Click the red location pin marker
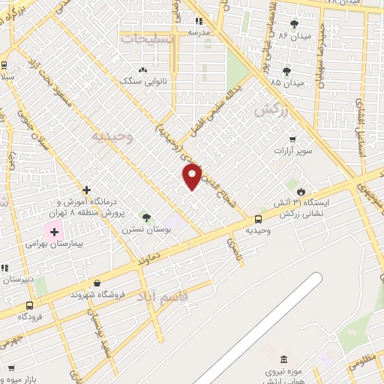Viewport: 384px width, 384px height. [x=193, y=175]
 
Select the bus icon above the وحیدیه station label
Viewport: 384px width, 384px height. [x=259, y=219]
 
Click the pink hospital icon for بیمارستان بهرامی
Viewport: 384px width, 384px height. [x=54, y=232]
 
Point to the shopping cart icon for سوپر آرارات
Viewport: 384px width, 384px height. [x=292, y=139]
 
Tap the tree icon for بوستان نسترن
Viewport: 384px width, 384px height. [x=146, y=217]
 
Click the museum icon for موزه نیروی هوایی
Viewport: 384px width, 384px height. [x=283, y=361]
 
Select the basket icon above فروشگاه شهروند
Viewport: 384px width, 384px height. [x=97, y=283]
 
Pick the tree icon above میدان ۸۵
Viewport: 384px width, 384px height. [x=286, y=71]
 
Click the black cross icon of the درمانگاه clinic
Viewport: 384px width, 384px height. [x=87, y=190]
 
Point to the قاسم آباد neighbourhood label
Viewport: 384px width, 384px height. [x=162, y=297]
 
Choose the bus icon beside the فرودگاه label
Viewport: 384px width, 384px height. [x=29, y=305]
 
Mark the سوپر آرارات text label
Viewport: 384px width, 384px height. [x=291, y=151]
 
